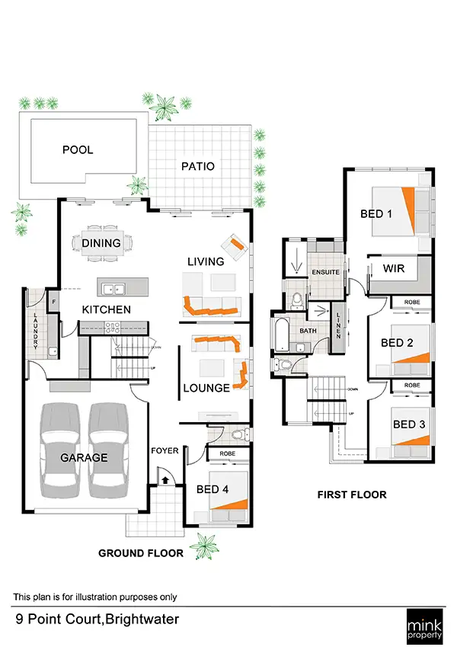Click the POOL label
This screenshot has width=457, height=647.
tap(78, 150)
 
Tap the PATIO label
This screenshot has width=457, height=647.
tap(197, 166)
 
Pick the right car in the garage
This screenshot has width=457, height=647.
tap(107, 450)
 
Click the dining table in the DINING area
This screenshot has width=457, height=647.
tap(101, 244)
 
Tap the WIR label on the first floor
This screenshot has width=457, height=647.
tap(394, 268)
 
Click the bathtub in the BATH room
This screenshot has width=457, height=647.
tap(280, 334)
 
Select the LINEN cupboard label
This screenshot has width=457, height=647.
tap(339, 324)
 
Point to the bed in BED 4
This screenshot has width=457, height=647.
tap(228, 498)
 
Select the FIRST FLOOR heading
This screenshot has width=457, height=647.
tap(351, 495)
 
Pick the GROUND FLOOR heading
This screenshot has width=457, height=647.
tap(140, 553)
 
